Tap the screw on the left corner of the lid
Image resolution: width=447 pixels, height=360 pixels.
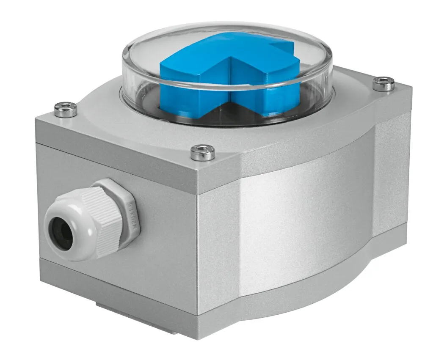click(66, 110)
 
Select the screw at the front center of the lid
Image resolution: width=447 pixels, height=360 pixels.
click(202, 152)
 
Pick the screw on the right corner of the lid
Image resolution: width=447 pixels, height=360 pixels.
click(384, 83)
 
